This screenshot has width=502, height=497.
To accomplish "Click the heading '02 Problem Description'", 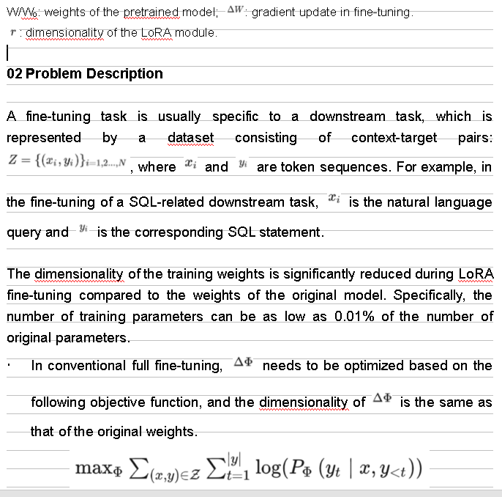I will click(84, 73).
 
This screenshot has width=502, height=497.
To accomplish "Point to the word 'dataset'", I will click(190, 137).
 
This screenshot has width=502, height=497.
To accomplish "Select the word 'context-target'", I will click(394, 137).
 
